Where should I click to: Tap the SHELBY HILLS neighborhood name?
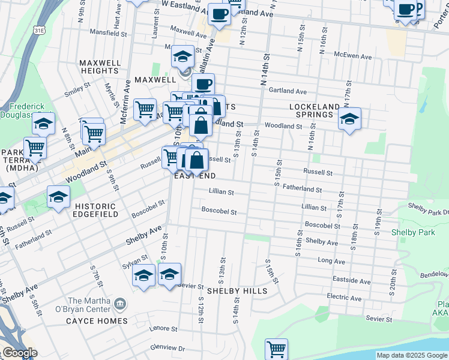[x=237, y=290]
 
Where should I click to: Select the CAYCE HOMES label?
[x=97, y=321]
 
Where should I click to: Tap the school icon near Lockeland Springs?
[x=349, y=119]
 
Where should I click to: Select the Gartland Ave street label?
[x=288, y=92]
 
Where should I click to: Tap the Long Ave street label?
[x=331, y=261]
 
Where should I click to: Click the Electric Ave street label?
[x=343, y=296]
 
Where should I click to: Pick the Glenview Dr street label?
[x=169, y=347]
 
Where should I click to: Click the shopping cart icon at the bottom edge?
[x=276, y=349]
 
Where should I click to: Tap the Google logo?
[x=19, y=353]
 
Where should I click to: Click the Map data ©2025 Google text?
[x=412, y=355]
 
